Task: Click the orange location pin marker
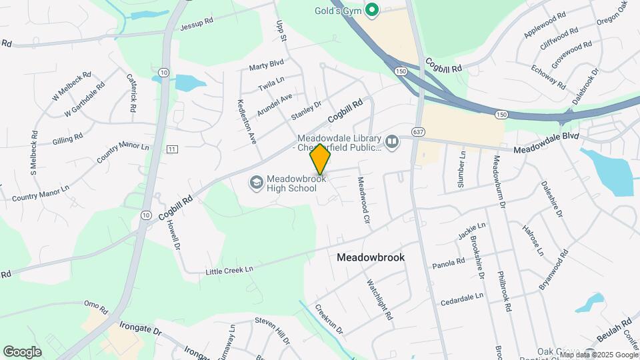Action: (x=320, y=159)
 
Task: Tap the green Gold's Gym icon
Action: (x=373, y=11)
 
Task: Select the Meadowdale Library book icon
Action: (x=392, y=142)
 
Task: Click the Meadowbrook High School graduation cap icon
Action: (x=255, y=182)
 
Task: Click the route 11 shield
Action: (x=173, y=149)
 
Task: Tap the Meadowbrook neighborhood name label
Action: (x=371, y=257)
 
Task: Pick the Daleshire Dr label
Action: (x=552, y=199)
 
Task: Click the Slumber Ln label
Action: (x=462, y=169)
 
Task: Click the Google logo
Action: (x=22, y=351)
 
